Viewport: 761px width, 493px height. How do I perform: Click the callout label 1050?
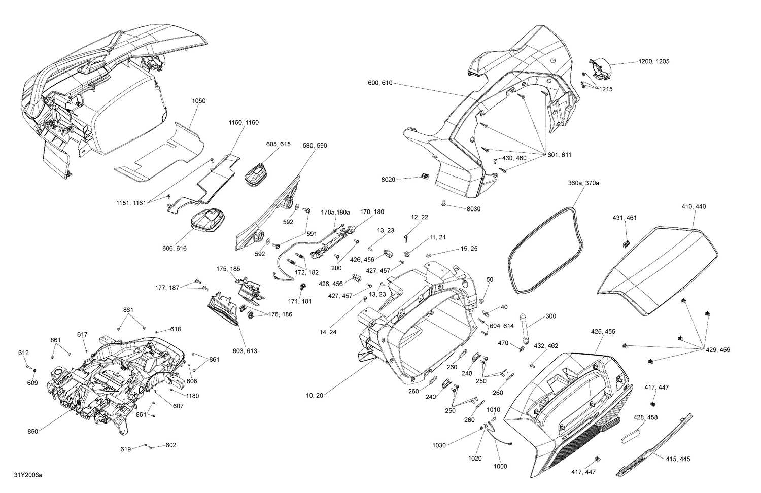click(x=199, y=101)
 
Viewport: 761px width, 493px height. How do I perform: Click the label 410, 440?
click(x=694, y=207)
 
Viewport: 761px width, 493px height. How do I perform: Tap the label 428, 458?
click(x=645, y=417)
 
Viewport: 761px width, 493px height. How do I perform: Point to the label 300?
click(x=550, y=316)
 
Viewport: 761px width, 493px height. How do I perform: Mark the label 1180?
click(x=192, y=396)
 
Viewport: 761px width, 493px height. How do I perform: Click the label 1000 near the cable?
click(x=500, y=466)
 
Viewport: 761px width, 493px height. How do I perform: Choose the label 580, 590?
click(x=315, y=146)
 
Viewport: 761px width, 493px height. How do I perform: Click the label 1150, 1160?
click(x=244, y=123)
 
